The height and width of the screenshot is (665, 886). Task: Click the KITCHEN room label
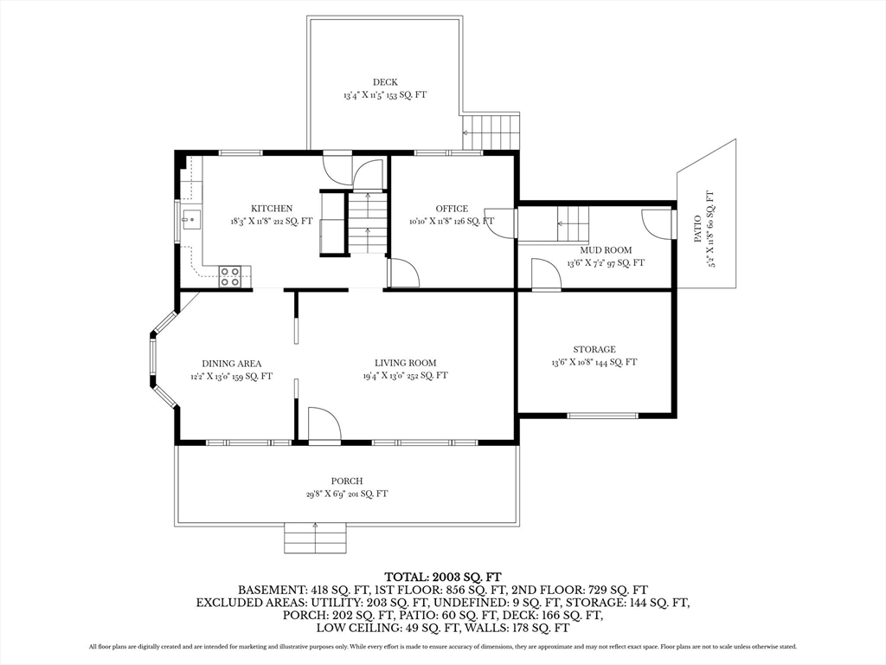pyautogui.click(x=272, y=209)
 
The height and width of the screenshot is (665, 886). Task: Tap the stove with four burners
pyautogui.click(x=230, y=277)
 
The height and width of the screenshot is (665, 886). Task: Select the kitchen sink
pyautogui.click(x=191, y=219)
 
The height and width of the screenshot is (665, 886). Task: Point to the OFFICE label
pyautogui.click(x=452, y=209)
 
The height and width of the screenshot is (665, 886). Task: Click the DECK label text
pyautogui.click(x=385, y=82)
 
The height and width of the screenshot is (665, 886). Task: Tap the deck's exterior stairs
pyautogui.click(x=491, y=132)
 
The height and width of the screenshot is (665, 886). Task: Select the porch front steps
pyautogui.click(x=315, y=538)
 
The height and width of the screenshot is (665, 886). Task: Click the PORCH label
pyautogui.click(x=347, y=481)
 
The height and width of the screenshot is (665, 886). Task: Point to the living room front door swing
pyautogui.click(x=324, y=423)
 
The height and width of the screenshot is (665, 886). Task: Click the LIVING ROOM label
pyautogui.click(x=406, y=363)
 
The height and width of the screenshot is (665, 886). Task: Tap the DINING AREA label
pyautogui.click(x=232, y=364)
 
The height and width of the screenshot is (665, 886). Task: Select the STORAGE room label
pyautogui.click(x=594, y=350)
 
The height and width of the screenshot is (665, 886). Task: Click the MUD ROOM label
pyautogui.click(x=606, y=250)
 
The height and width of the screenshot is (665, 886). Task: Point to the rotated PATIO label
pyautogui.click(x=698, y=229)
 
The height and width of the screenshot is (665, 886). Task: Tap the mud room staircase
pyautogui.click(x=573, y=223)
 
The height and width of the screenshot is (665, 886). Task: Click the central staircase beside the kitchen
pyautogui.click(x=367, y=223)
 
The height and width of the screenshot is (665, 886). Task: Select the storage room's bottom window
pyautogui.click(x=602, y=416)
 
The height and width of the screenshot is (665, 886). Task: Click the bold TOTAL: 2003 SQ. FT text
pyautogui.click(x=443, y=578)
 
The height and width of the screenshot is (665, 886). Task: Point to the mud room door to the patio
pyautogui.click(x=658, y=223)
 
